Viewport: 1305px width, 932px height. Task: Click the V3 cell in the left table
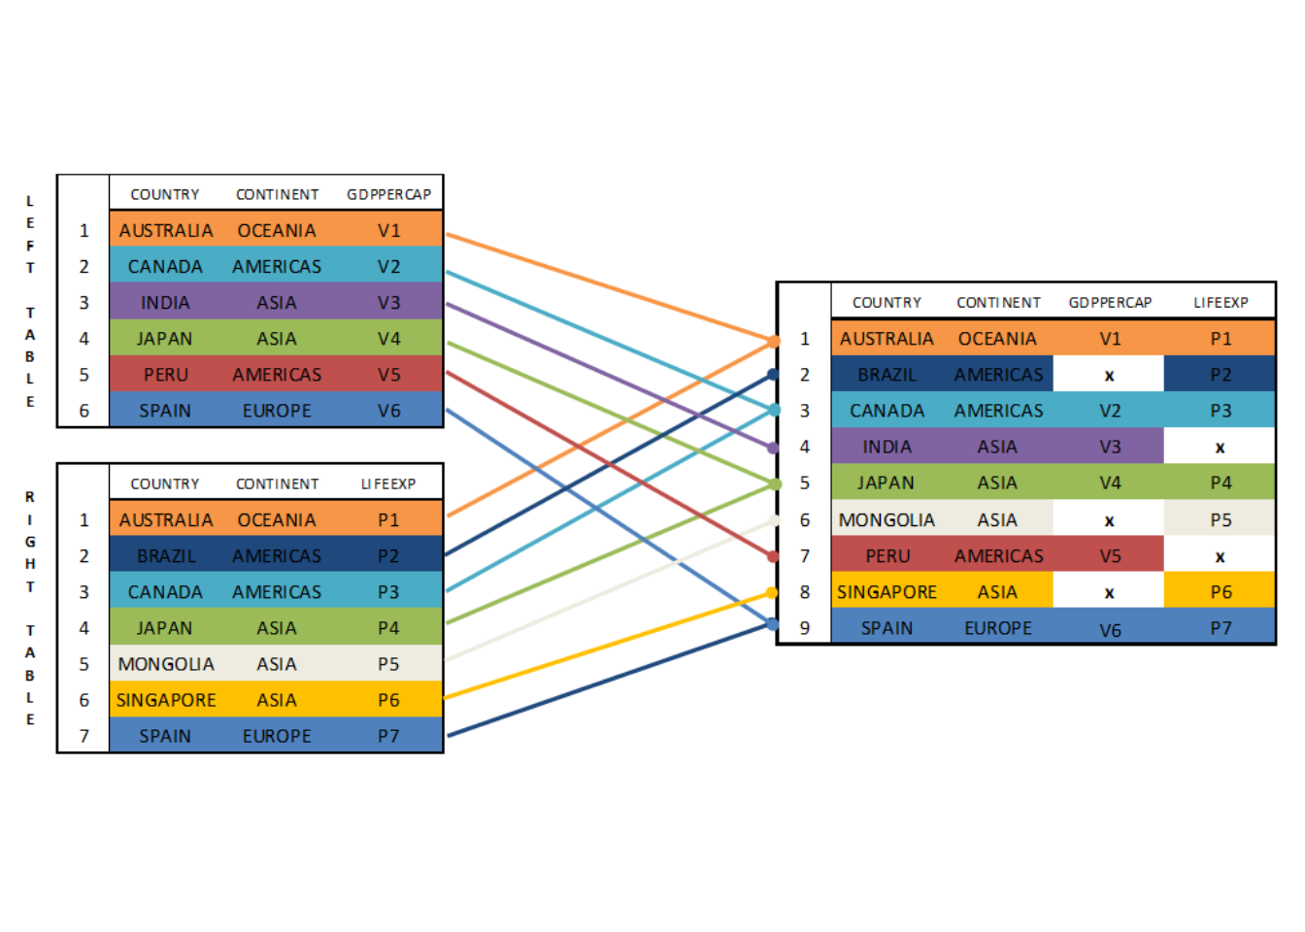click(x=388, y=302)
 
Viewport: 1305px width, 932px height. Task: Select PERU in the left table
click(x=166, y=375)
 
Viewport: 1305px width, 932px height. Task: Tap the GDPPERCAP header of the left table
click(x=388, y=194)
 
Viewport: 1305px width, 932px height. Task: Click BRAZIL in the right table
click(x=166, y=555)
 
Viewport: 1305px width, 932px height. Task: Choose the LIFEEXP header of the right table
click(x=388, y=484)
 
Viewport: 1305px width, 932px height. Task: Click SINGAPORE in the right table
click(x=166, y=700)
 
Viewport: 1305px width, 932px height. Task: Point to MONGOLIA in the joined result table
click(x=887, y=519)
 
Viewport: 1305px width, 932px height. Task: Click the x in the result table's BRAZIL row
click(x=1109, y=376)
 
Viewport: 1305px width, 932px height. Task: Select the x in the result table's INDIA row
click(x=1220, y=448)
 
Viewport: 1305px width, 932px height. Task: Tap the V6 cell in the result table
click(x=1110, y=630)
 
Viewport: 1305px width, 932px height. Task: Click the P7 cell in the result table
click(x=1221, y=628)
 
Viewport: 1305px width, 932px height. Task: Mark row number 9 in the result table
click(x=805, y=628)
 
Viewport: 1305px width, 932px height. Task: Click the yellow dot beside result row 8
click(x=772, y=593)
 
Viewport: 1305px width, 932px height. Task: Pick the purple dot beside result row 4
click(x=773, y=448)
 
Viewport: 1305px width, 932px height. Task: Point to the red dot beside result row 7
click(x=773, y=557)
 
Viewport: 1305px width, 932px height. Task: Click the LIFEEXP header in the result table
click(x=1221, y=303)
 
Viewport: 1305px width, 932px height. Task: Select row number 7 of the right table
click(x=84, y=736)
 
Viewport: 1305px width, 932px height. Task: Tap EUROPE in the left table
click(x=277, y=411)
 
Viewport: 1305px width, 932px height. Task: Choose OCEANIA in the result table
click(x=997, y=339)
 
